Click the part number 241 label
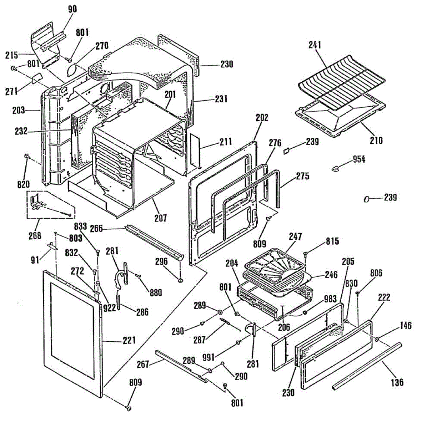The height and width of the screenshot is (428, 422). click(315, 45)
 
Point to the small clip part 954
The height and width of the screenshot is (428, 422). click(335, 168)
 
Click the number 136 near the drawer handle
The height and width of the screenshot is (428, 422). click(397, 382)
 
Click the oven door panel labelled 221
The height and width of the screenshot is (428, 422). click(73, 332)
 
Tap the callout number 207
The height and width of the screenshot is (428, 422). click(161, 218)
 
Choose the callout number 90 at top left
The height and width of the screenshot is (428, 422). click(72, 9)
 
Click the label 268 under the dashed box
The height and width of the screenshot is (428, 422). click(35, 235)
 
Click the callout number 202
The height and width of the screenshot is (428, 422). click(262, 117)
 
